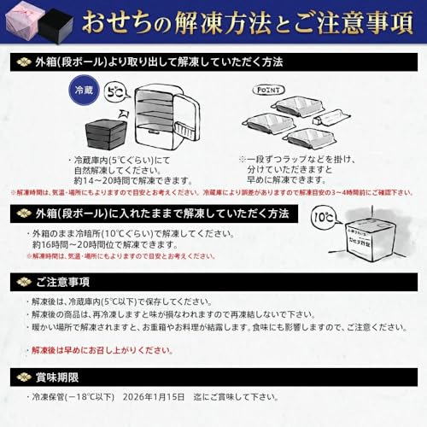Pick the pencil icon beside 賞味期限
pos(23,377)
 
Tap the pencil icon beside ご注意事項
pos(23,282)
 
